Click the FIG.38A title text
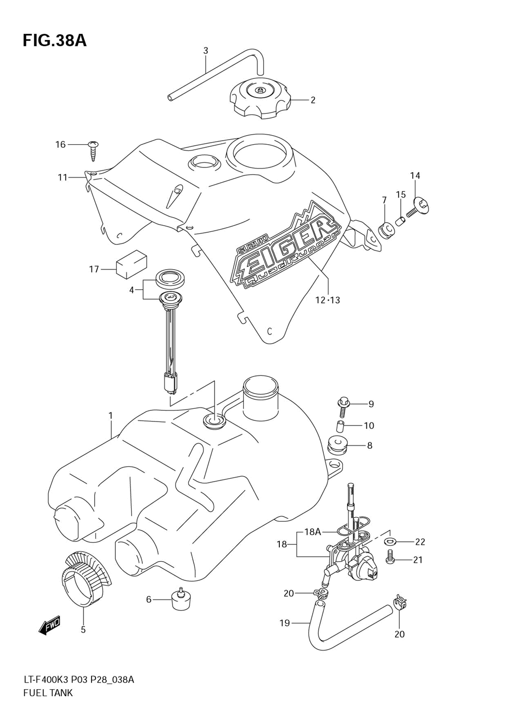coord(55,41)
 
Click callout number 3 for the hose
coord(205,50)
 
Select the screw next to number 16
coord(93,150)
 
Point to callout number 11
coord(62,177)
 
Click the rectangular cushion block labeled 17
coord(131,264)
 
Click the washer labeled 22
coord(390,541)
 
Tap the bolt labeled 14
coord(417,208)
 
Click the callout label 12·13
coord(327,301)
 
